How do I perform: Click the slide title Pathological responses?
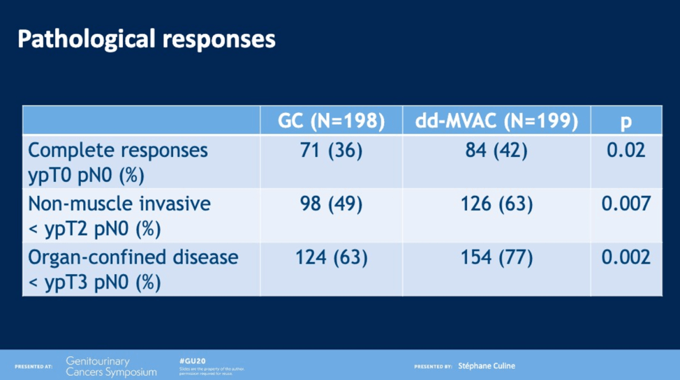pyautogui.click(x=146, y=40)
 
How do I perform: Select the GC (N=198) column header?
pyautogui.click(x=332, y=121)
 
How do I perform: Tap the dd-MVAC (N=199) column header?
pyautogui.click(x=496, y=121)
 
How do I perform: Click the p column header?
pyautogui.click(x=626, y=121)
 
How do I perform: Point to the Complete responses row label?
pyautogui.click(x=118, y=162)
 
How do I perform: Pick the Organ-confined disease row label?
pyautogui.click(x=133, y=268)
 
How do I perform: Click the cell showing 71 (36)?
pyautogui.click(x=332, y=151)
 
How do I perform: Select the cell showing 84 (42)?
pyautogui.click(x=496, y=151)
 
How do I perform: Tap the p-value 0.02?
pyautogui.click(x=626, y=151)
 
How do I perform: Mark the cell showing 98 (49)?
pyautogui.click(x=332, y=204)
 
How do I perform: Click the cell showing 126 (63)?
pyautogui.click(x=496, y=204)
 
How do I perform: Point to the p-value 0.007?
pyautogui.click(x=626, y=204)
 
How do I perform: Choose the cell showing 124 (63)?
pyautogui.click(x=332, y=258)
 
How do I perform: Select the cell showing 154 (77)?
pyautogui.click(x=496, y=258)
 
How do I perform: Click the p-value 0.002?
pyautogui.click(x=626, y=258)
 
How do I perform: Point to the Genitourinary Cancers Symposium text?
pyautogui.click(x=111, y=366)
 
